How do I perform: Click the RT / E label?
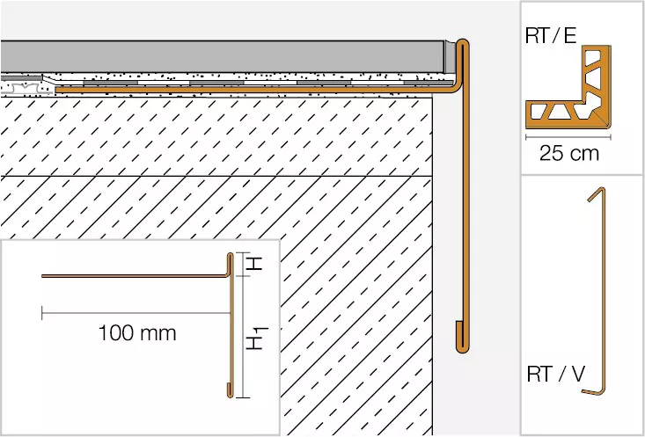(x=551, y=36)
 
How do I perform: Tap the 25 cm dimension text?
(x=569, y=153)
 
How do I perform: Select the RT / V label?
(x=556, y=374)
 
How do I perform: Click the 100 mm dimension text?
(x=137, y=333)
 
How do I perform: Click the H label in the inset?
(x=254, y=263)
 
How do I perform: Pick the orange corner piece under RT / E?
(x=568, y=87)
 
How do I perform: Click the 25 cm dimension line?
(x=568, y=137)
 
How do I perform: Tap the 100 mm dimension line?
(x=136, y=313)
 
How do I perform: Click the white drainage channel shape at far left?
(x=26, y=88)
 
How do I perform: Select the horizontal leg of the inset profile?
(x=134, y=276)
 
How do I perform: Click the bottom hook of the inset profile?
(x=230, y=390)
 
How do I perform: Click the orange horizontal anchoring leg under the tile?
(x=255, y=89)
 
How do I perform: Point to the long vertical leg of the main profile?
(x=466, y=196)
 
